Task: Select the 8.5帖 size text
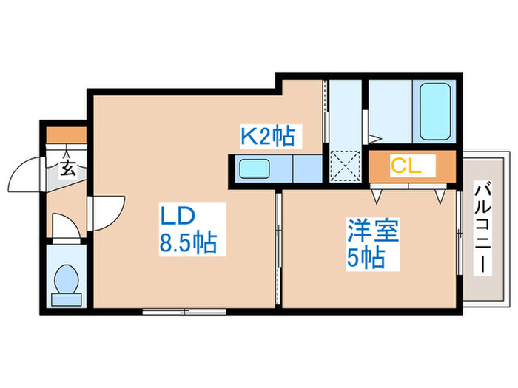point(188,244)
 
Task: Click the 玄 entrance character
point(67,169)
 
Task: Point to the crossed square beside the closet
point(345,166)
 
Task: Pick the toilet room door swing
point(65,225)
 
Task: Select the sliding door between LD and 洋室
point(278,248)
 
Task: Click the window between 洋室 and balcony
point(460,244)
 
